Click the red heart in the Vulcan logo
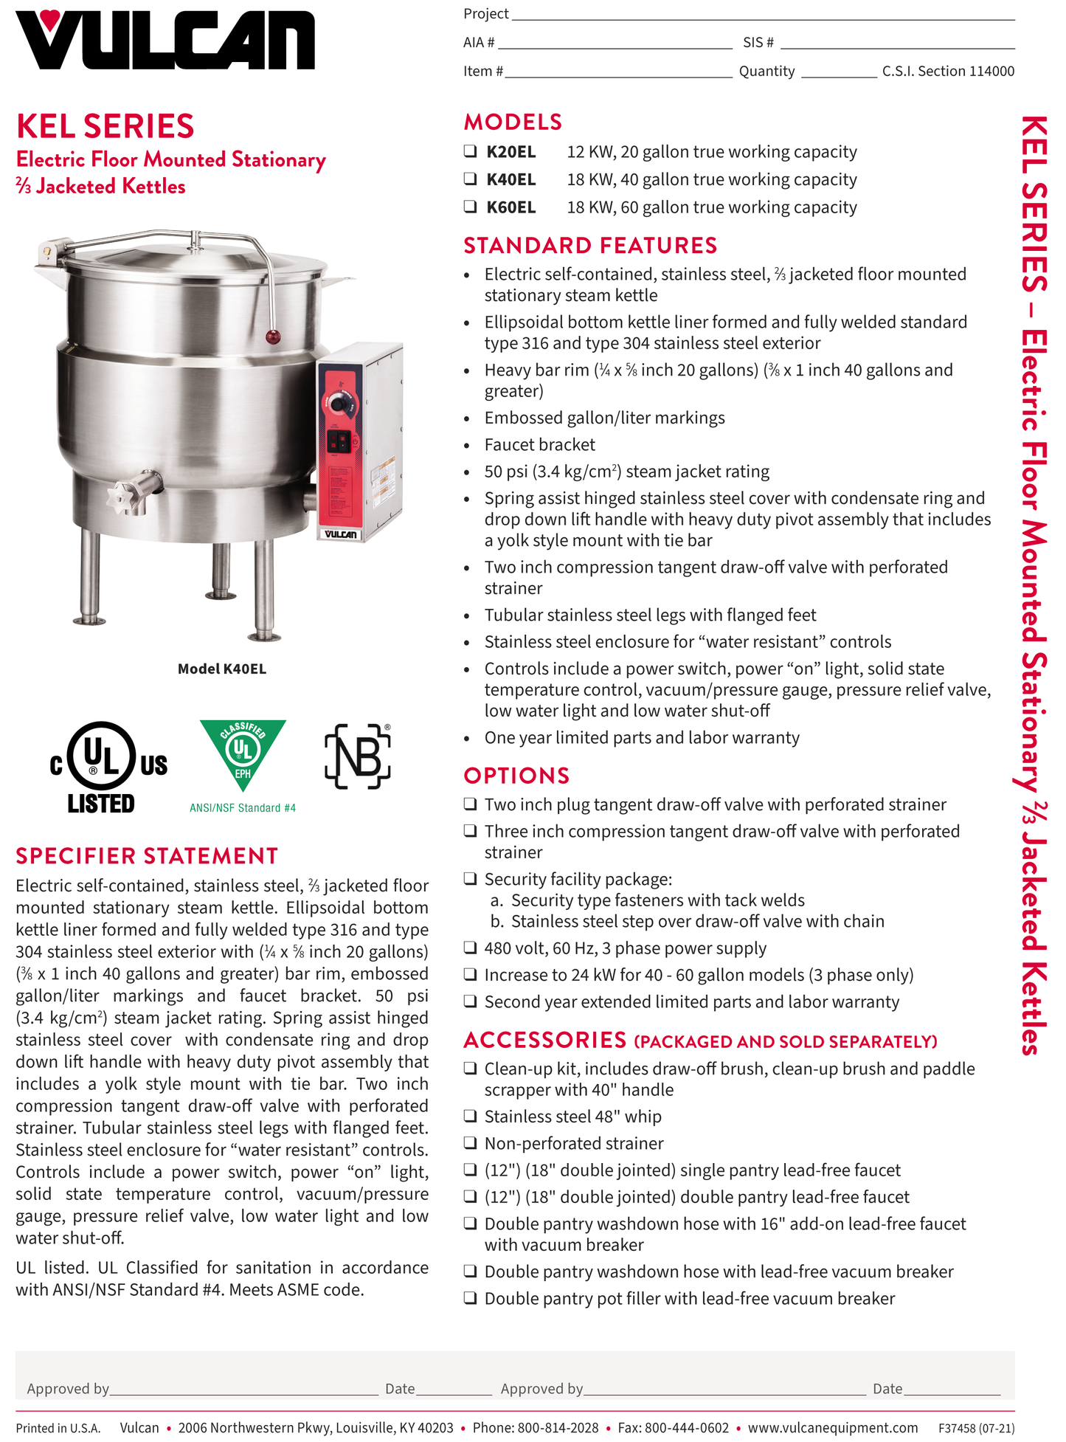50,19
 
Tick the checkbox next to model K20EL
470,151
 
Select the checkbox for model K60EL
470,207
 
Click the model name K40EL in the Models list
510,179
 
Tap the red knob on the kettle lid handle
272,337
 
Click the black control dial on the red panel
339,403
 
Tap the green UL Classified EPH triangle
243,753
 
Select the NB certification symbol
358,756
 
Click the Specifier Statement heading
147,855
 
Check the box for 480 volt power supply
470,948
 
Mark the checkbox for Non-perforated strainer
470,1142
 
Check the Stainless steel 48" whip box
470,1116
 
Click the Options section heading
516,776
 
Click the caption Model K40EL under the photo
221,669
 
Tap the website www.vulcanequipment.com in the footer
833,1427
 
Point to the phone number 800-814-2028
558,1427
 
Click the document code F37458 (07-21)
976,1428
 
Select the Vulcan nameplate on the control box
340,534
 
